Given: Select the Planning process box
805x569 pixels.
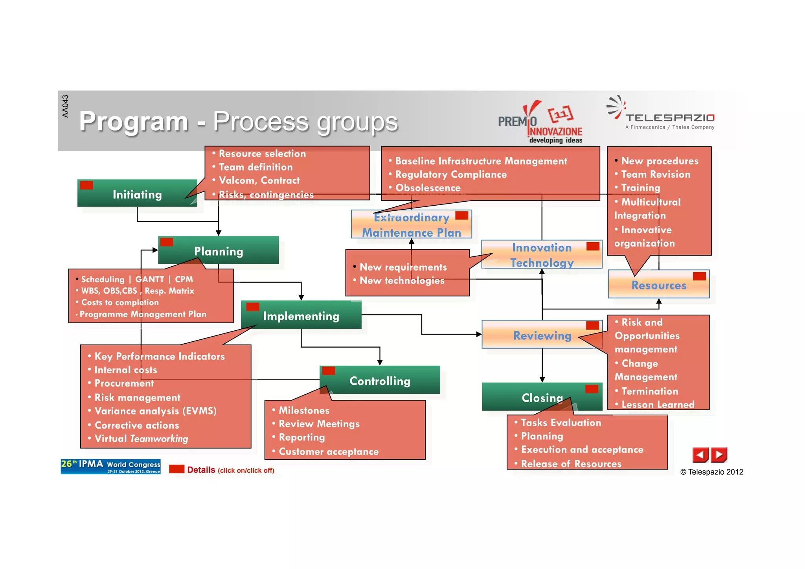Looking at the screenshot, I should click(219, 251).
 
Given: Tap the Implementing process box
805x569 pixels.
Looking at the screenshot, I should click(301, 315).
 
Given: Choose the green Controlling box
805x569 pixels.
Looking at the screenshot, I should click(380, 380).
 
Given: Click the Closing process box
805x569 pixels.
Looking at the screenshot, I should click(542, 397).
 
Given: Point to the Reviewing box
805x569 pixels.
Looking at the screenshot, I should click(542, 335).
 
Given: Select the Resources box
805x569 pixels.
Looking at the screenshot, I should click(659, 285).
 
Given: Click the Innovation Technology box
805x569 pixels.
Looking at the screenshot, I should click(542, 255).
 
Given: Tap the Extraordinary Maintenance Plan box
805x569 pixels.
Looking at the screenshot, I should click(411, 225).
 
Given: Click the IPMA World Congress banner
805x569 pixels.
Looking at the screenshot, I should click(110, 466).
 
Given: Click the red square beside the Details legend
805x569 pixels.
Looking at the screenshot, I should click(176, 469).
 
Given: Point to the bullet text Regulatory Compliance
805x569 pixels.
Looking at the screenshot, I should click(451, 174).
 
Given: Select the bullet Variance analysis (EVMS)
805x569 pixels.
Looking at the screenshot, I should click(155, 411).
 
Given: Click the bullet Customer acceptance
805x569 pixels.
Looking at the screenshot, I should click(328, 451).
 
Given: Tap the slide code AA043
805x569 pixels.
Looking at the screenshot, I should click(65, 106).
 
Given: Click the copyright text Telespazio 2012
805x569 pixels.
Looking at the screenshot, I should click(712, 472).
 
